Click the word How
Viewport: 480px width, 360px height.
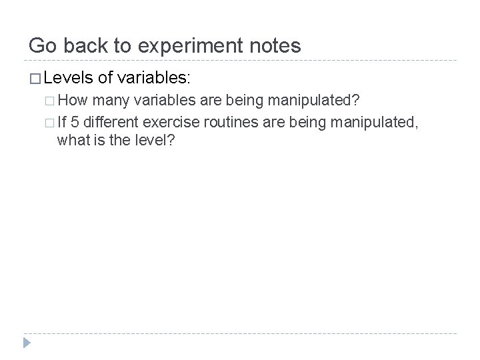[x=75, y=101]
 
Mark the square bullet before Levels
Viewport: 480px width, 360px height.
[x=33, y=79]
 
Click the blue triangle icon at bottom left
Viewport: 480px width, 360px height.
[x=27, y=343]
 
